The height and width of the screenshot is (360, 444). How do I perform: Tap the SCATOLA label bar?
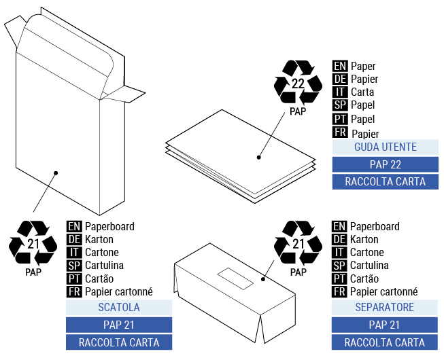tap(118, 308)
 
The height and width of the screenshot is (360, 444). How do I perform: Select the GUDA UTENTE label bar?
tap(385, 147)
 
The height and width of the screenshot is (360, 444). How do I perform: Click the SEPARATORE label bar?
tap(385, 308)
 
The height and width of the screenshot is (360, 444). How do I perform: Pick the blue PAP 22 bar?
tap(385, 164)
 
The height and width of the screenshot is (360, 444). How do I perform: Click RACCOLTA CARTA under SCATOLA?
tap(118, 342)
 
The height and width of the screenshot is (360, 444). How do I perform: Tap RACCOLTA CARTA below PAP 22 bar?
tap(385, 181)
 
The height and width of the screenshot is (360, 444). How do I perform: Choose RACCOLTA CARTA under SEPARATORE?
tap(385, 342)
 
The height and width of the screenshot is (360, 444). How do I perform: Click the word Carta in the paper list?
tap(362, 92)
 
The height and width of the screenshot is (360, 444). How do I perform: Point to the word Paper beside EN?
tap(363, 67)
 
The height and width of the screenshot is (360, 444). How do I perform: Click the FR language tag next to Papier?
tap(340, 132)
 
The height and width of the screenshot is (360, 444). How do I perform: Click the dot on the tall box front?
tap(56, 173)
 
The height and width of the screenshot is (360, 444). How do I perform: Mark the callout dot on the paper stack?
tap(259, 158)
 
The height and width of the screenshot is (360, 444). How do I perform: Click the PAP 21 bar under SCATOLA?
tap(118, 325)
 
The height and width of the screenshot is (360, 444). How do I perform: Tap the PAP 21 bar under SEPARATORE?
tap(385, 325)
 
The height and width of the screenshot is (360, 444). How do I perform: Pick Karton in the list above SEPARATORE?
tap(364, 239)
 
